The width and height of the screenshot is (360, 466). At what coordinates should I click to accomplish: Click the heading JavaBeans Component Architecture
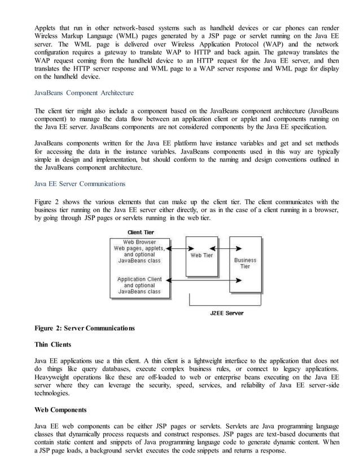tap(84, 93)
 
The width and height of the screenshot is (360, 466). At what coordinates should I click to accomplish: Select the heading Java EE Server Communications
tap(80, 183)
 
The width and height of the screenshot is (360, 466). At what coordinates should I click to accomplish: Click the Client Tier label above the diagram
tap(141, 232)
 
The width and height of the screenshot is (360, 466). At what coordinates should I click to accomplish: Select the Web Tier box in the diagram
tap(201, 256)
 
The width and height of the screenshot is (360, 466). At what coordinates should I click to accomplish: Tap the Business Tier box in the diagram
tap(245, 263)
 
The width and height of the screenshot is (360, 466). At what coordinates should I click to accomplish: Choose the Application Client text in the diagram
tap(139, 279)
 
